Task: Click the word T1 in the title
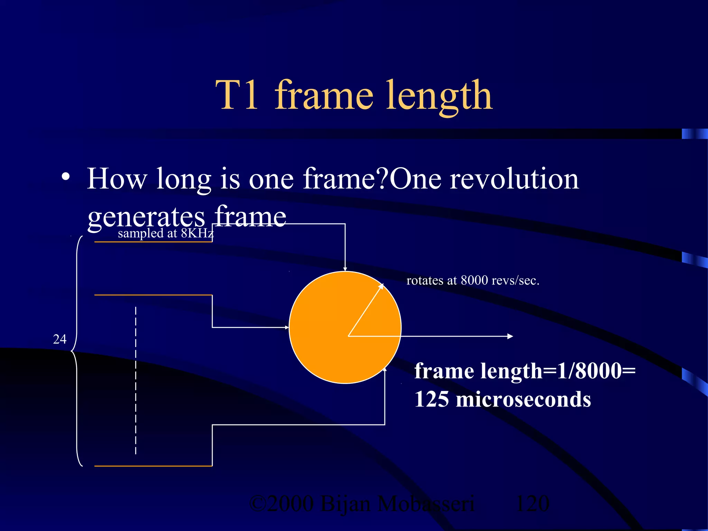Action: [x=237, y=95]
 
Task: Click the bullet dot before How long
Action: [x=65, y=177]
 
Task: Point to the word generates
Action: [x=146, y=217]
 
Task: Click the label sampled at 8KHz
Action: [x=166, y=233]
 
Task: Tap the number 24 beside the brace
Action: [x=60, y=339]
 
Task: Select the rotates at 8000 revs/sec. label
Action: [x=473, y=280]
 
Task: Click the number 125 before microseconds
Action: [x=431, y=399]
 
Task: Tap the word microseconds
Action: [x=523, y=399]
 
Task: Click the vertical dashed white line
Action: [x=136, y=380]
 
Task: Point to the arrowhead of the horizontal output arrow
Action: [x=510, y=336]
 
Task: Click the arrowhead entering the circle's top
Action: [x=345, y=269]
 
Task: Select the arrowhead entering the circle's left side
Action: [x=287, y=327]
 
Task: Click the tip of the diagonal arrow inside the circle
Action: [x=382, y=285]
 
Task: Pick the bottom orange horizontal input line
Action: [x=153, y=466]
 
